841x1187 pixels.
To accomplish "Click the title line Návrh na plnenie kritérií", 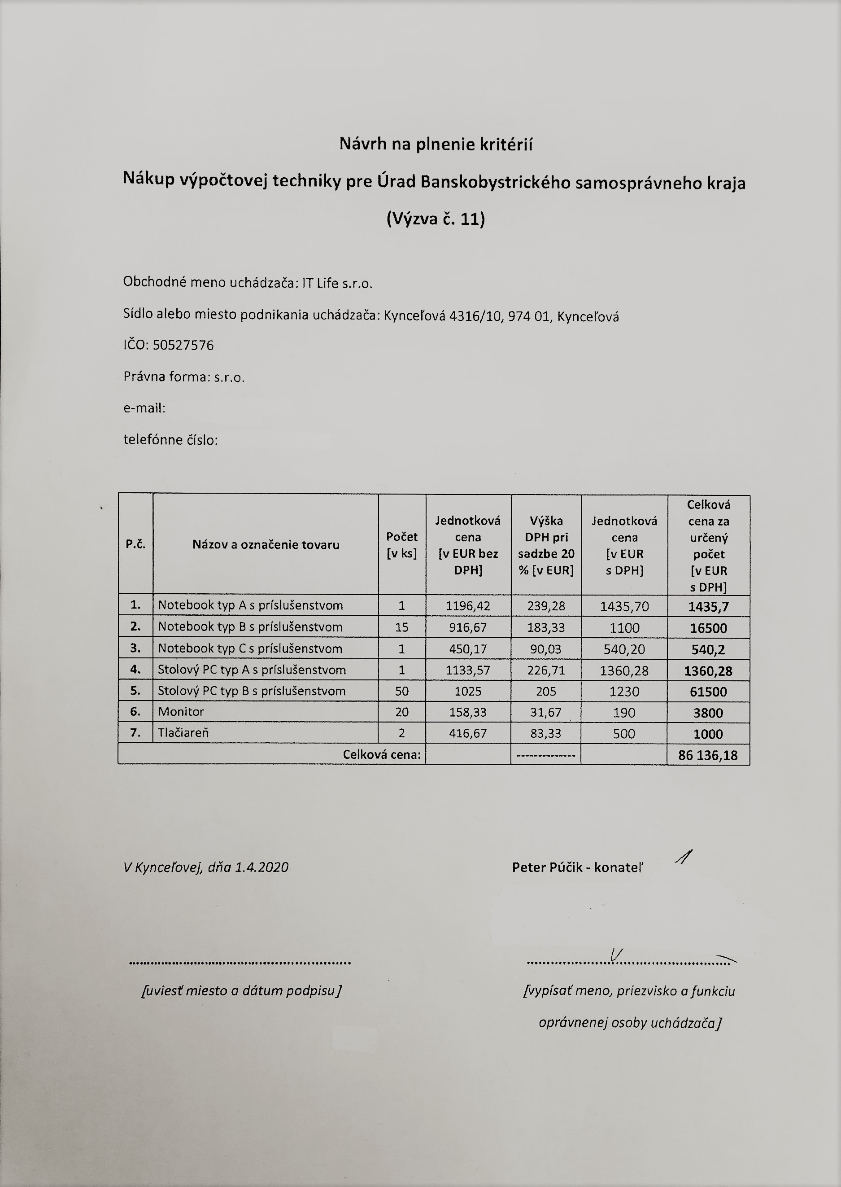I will tap(436, 144).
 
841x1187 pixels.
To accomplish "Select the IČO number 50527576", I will tap(183, 345).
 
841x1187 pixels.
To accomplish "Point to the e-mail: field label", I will tap(144, 408).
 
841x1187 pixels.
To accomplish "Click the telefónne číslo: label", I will tap(170, 440).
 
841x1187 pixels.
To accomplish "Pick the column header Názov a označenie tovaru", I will tap(266, 544).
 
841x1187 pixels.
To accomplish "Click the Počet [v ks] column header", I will tap(402, 544).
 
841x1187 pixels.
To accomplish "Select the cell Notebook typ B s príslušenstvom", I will tap(250, 627).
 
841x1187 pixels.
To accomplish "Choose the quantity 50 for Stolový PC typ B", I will tap(402, 691).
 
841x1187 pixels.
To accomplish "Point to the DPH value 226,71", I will tap(546, 670).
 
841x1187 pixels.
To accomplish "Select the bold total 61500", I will tap(708, 692).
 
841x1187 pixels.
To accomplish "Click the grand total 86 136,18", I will tap(707, 755).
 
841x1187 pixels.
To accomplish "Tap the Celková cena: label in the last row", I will tap(382, 755).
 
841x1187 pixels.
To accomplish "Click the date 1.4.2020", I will tap(261, 867).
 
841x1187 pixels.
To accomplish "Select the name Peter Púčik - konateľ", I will tap(577, 867).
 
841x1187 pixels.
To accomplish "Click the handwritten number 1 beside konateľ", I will tap(684, 858).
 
